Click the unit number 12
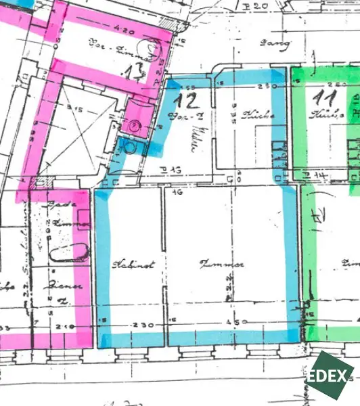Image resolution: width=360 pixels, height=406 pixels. click(185, 101)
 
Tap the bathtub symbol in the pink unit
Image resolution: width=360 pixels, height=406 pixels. click(68, 253)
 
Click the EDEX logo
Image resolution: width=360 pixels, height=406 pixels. click(330, 376)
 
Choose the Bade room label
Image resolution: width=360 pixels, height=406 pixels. click(53, 202)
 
